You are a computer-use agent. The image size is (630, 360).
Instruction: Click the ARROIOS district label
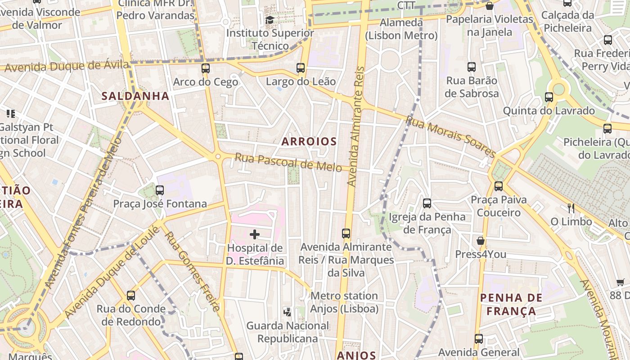click(309, 141)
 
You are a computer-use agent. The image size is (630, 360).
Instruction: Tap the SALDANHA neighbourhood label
click(135, 96)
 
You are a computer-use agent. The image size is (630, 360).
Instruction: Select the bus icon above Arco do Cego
click(206, 68)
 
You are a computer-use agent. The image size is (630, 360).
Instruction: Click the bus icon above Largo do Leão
click(301, 68)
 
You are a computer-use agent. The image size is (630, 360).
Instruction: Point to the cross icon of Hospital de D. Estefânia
click(255, 234)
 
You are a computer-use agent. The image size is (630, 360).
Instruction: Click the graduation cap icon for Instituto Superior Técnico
click(270, 20)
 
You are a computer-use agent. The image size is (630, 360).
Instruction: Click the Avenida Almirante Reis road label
click(355, 126)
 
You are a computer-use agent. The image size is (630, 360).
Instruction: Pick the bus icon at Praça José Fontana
click(160, 190)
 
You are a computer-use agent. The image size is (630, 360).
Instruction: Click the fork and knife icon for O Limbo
click(571, 208)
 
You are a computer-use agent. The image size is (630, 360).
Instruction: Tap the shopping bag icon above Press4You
click(481, 241)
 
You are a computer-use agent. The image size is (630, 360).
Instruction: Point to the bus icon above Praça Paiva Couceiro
click(498, 186)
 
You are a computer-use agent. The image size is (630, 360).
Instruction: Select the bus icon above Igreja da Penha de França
click(427, 203)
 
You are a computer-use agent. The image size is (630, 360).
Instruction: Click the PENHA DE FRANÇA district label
click(511, 304)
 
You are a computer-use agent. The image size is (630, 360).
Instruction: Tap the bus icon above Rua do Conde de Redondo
click(131, 296)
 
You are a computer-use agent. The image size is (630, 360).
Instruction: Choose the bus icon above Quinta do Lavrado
click(549, 97)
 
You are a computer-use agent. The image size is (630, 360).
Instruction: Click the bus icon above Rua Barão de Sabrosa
click(472, 67)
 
